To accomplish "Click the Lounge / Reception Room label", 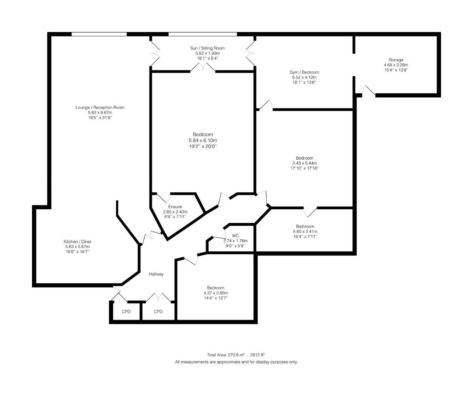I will (x=100, y=108).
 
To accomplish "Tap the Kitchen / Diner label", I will (x=77, y=242).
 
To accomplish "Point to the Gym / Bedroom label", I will (x=304, y=72).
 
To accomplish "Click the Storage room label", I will (x=396, y=60).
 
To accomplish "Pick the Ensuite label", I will (x=175, y=207).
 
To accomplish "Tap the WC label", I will (x=235, y=236).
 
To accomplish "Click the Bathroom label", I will (x=305, y=227).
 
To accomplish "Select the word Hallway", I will (x=156, y=274).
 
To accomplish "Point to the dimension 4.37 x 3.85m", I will (x=216, y=293).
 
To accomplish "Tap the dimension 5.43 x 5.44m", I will (x=304, y=163).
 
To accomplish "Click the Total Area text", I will (x=236, y=355).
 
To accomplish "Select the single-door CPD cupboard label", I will (x=126, y=312).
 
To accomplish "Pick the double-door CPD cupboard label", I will (x=158, y=312).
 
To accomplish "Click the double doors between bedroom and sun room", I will (x=203, y=67).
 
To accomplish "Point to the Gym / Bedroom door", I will (x=266, y=105).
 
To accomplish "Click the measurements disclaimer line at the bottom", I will (x=236, y=362).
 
